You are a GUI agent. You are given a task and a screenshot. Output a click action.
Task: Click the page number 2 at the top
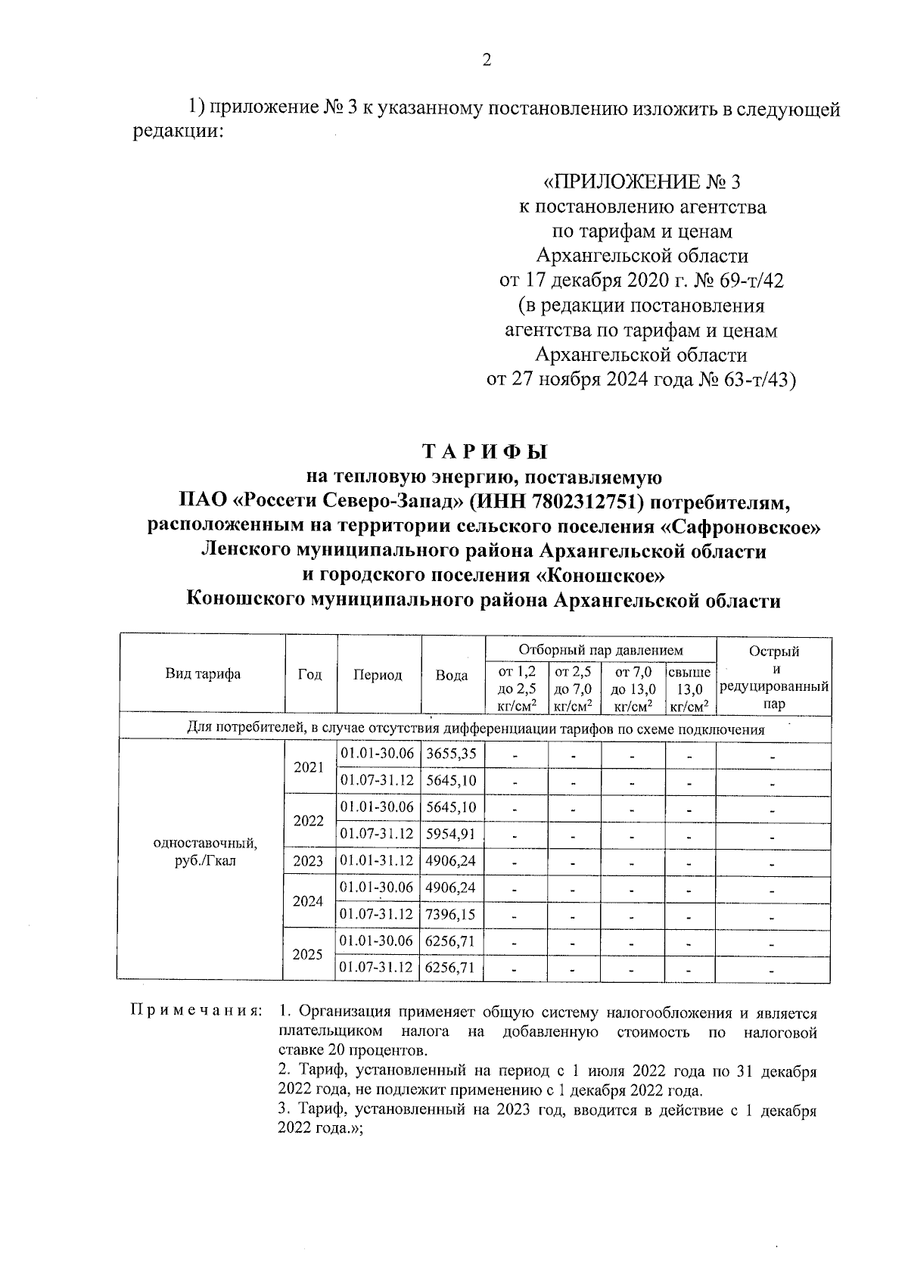pyautogui.click(x=487, y=61)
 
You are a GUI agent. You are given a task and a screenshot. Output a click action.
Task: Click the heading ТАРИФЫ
pyautogui.click(x=484, y=452)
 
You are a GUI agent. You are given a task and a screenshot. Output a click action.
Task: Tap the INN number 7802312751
pyautogui.click(x=582, y=502)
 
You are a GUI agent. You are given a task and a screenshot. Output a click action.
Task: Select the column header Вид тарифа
pyautogui.click(x=203, y=674)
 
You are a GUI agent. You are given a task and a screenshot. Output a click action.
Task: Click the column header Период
pyautogui.click(x=378, y=675)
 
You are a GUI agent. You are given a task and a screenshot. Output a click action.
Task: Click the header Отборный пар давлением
pyautogui.click(x=600, y=650)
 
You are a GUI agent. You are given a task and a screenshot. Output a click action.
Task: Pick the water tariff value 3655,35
pyautogui.click(x=451, y=754)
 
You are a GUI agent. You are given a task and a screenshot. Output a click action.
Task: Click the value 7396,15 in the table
pyautogui.click(x=451, y=915)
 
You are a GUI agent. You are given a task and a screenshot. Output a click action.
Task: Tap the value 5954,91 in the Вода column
pyautogui.click(x=451, y=834)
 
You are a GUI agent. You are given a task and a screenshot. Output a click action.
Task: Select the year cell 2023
pyautogui.click(x=308, y=861)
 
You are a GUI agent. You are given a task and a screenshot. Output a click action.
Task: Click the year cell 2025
pyautogui.click(x=308, y=955)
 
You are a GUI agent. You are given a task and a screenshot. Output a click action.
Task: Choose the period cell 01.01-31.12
pyautogui.click(x=377, y=861)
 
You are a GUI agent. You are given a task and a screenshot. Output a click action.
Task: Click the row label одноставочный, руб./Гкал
pyautogui.click(x=204, y=853)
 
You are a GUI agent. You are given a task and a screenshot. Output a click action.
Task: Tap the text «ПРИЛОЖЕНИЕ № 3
pyautogui.click(x=642, y=182)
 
